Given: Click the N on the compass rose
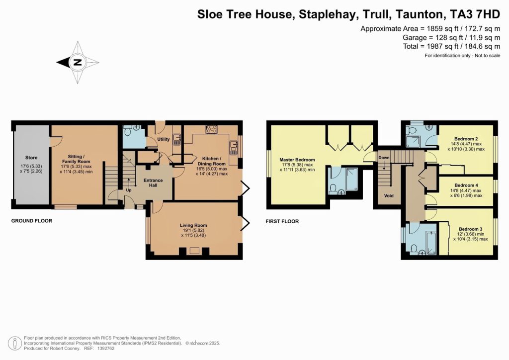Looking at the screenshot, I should (x=77, y=63).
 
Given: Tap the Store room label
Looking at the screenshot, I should (x=31, y=158).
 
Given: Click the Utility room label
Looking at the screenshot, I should (x=164, y=139).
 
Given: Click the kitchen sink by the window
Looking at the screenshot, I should (x=233, y=145).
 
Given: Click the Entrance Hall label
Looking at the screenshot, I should (x=153, y=183).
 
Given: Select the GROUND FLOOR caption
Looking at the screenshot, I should (x=32, y=221).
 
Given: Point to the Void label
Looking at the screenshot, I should (x=389, y=196).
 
